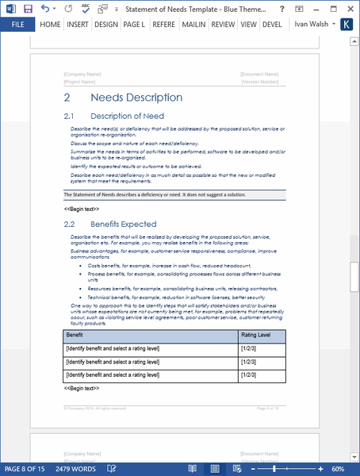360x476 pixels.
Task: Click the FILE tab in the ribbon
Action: point(17,25)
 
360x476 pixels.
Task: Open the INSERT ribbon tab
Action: point(78,25)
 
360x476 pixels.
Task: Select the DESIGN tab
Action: point(105,25)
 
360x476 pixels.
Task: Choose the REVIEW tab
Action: point(222,25)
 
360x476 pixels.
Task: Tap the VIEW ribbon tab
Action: point(248,25)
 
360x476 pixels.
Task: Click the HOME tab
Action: point(50,25)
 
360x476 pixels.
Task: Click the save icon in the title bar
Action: point(29,8)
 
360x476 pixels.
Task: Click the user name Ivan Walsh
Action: point(312,25)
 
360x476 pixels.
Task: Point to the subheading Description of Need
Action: point(127,116)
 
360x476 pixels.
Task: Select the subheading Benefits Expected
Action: point(123,225)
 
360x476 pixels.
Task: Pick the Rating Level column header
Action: point(255,336)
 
